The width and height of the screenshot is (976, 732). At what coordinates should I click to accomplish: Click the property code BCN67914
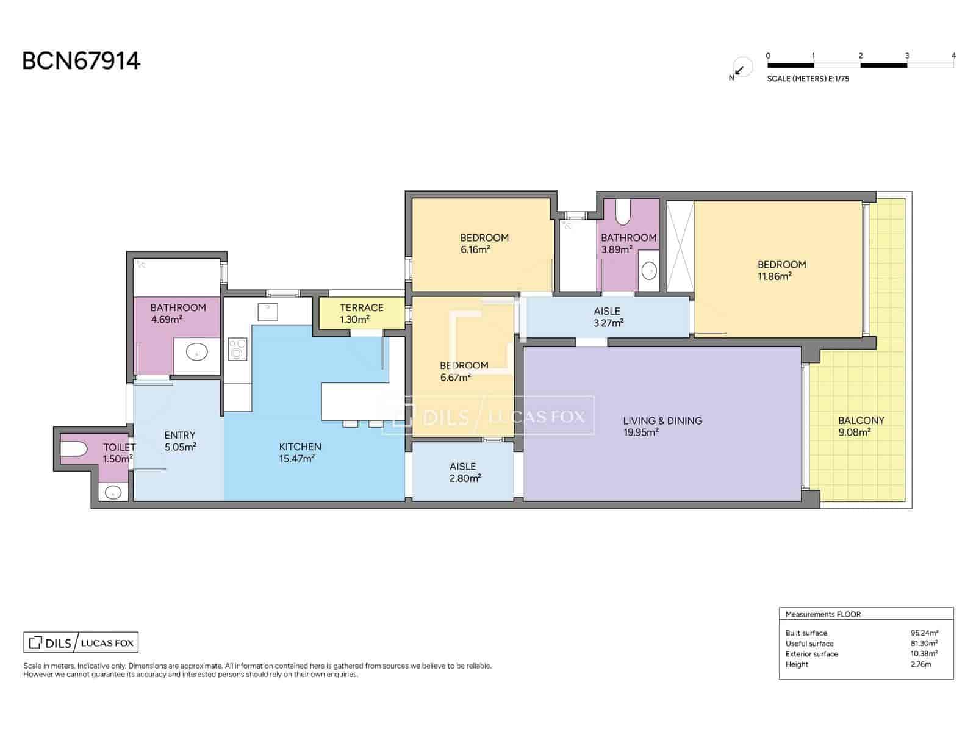(81, 61)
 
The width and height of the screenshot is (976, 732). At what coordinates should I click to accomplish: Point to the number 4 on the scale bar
(953, 56)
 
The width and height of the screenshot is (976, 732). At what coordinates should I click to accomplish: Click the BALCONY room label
(861, 420)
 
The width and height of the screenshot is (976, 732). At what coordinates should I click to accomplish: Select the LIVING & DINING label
(662, 420)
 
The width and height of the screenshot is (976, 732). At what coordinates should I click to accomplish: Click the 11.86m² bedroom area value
(774, 276)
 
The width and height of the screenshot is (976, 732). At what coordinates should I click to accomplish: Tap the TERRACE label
(362, 307)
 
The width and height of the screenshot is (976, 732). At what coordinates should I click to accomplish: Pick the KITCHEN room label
(300, 447)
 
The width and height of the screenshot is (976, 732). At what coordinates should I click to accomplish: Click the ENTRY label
(180, 435)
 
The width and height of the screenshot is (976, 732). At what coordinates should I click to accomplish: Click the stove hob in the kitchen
(237, 350)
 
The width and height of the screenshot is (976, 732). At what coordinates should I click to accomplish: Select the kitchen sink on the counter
(267, 310)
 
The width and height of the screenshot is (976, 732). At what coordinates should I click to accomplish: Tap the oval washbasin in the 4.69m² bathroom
(196, 351)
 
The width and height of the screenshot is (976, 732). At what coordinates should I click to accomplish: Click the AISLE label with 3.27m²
(607, 311)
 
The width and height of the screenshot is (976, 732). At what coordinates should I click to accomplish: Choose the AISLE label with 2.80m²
(462, 466)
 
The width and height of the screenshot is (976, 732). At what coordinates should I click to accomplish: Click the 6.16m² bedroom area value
(476, 249)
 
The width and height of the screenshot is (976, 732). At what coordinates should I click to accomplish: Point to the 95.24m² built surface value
(924, 633)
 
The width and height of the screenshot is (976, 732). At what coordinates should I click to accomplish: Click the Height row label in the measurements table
(797, 664)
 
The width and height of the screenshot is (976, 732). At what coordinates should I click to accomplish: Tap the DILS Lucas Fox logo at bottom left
(81, 642)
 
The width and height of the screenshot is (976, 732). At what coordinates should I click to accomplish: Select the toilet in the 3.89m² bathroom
(622, 211)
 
